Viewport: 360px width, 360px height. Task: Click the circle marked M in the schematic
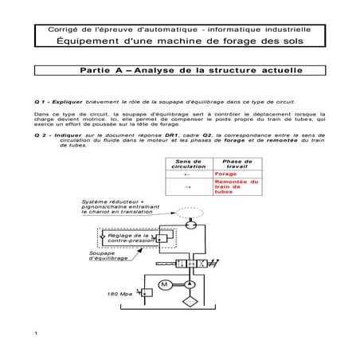[x=165, y=285]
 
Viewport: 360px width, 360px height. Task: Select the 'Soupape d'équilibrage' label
[x=108, y=256]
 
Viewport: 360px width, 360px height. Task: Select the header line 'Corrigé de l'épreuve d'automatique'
[x=179, y=29]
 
